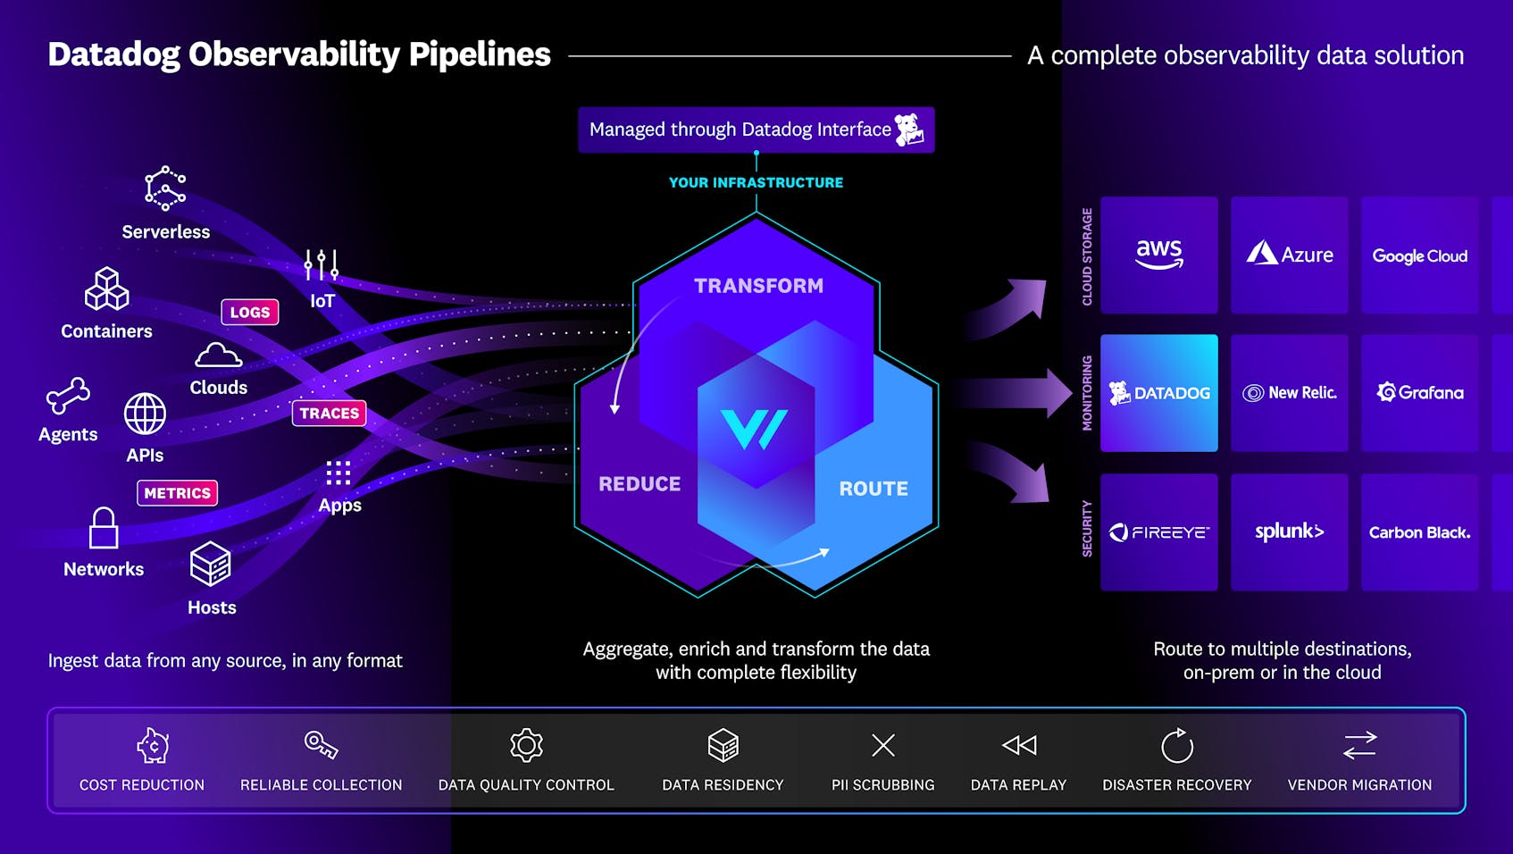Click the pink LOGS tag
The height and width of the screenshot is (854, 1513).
250,312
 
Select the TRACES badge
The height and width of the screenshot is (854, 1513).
329,413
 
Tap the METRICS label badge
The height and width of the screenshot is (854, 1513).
177,493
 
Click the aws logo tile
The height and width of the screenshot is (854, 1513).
1158,255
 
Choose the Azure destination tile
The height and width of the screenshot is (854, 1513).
1289,255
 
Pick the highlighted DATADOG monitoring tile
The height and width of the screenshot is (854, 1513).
1158,393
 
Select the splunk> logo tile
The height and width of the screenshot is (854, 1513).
1289,532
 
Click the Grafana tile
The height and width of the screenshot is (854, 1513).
1419,393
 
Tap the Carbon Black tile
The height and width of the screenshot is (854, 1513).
1419,532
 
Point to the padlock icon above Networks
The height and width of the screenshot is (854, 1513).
104,528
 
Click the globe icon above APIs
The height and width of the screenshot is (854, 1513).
145,414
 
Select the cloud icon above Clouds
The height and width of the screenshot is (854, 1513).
218,356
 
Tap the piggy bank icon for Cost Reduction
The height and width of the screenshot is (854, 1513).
153,745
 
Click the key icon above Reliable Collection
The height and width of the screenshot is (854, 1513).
321,744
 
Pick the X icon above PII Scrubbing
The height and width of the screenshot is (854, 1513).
882,745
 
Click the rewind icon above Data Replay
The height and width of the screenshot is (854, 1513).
1019,745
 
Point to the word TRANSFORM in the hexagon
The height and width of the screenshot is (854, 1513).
758,286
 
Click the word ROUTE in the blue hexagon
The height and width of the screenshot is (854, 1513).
873,489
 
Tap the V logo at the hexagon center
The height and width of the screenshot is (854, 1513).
755,430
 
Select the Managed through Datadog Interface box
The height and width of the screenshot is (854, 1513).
756,130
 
